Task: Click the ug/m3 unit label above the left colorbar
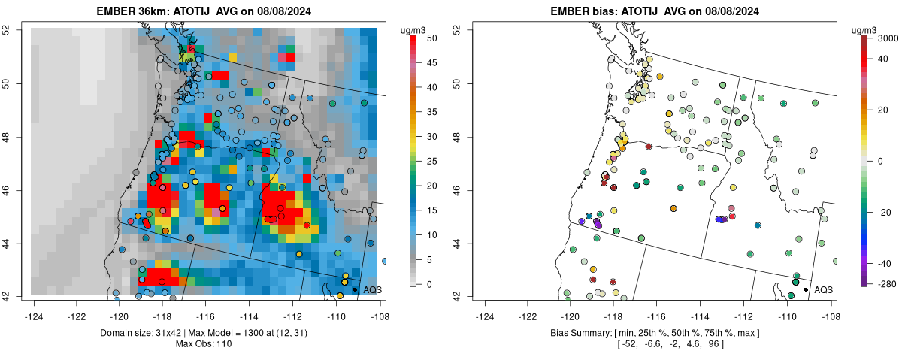[415, 29]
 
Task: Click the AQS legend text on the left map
[372, 289]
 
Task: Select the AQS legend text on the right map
[824, 289]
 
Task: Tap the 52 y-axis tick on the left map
[14, 30]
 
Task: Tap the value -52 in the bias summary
[627, 344]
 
